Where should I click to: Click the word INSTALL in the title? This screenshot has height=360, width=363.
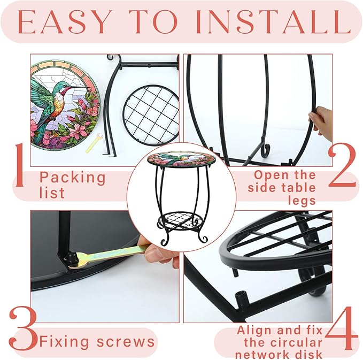273,22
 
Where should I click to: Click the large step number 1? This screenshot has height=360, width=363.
20,165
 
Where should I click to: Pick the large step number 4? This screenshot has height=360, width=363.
342,328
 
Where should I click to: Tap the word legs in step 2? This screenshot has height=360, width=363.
302,201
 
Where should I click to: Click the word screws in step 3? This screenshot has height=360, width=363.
126,341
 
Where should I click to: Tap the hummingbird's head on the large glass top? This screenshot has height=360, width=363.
68,88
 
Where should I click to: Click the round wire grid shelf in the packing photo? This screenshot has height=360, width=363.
150,115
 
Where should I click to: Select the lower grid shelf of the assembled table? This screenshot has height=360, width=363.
181,220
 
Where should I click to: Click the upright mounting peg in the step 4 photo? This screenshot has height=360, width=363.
241,298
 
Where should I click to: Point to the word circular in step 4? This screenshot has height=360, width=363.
283,342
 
